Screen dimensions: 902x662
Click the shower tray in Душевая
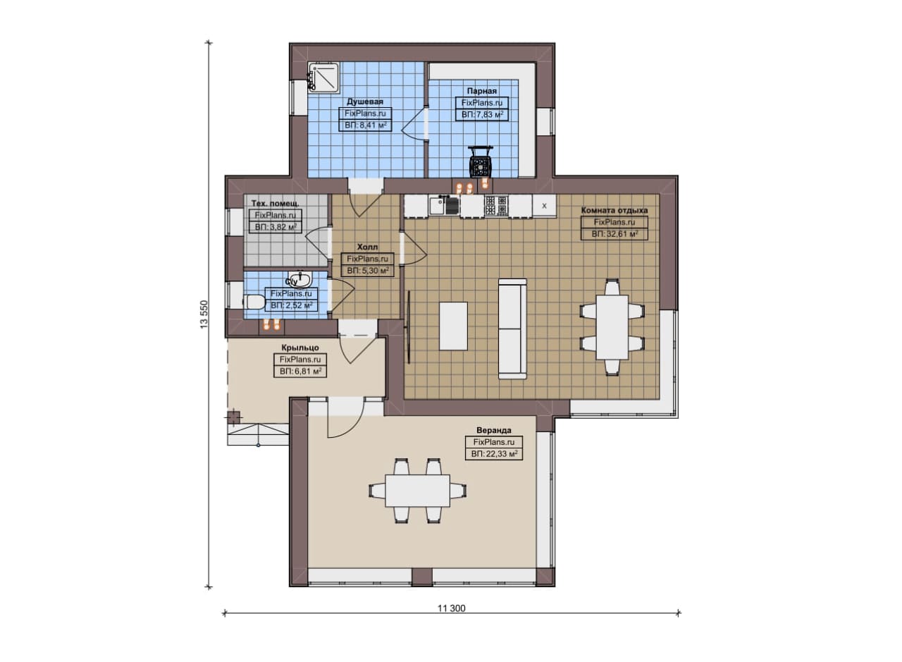[323, 78]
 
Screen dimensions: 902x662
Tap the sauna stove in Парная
[481, 161]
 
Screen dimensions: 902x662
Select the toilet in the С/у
[254, 302]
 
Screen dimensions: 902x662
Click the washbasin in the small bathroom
[299, 278]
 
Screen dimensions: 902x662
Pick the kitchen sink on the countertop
[444, 205]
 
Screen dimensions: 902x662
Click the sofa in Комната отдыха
[512, 329]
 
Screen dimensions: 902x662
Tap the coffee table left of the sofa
[453, 326]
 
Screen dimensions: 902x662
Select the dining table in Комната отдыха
[612, 327]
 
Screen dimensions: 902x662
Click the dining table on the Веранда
[418, 491]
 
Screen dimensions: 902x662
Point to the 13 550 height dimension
[205, 314]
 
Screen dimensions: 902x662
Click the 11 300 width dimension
[452, 608]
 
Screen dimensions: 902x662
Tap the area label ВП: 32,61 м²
[614, 233]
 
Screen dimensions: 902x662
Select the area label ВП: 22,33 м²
[494, 454]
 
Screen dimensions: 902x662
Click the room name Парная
[481, 91]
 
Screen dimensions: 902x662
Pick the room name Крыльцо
[300, 348]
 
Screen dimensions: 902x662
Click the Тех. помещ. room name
[275, 203]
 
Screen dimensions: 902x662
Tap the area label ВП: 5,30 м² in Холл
[368, 270]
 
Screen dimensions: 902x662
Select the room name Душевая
[365, 102]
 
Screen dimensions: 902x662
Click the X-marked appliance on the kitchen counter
[545, 206]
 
